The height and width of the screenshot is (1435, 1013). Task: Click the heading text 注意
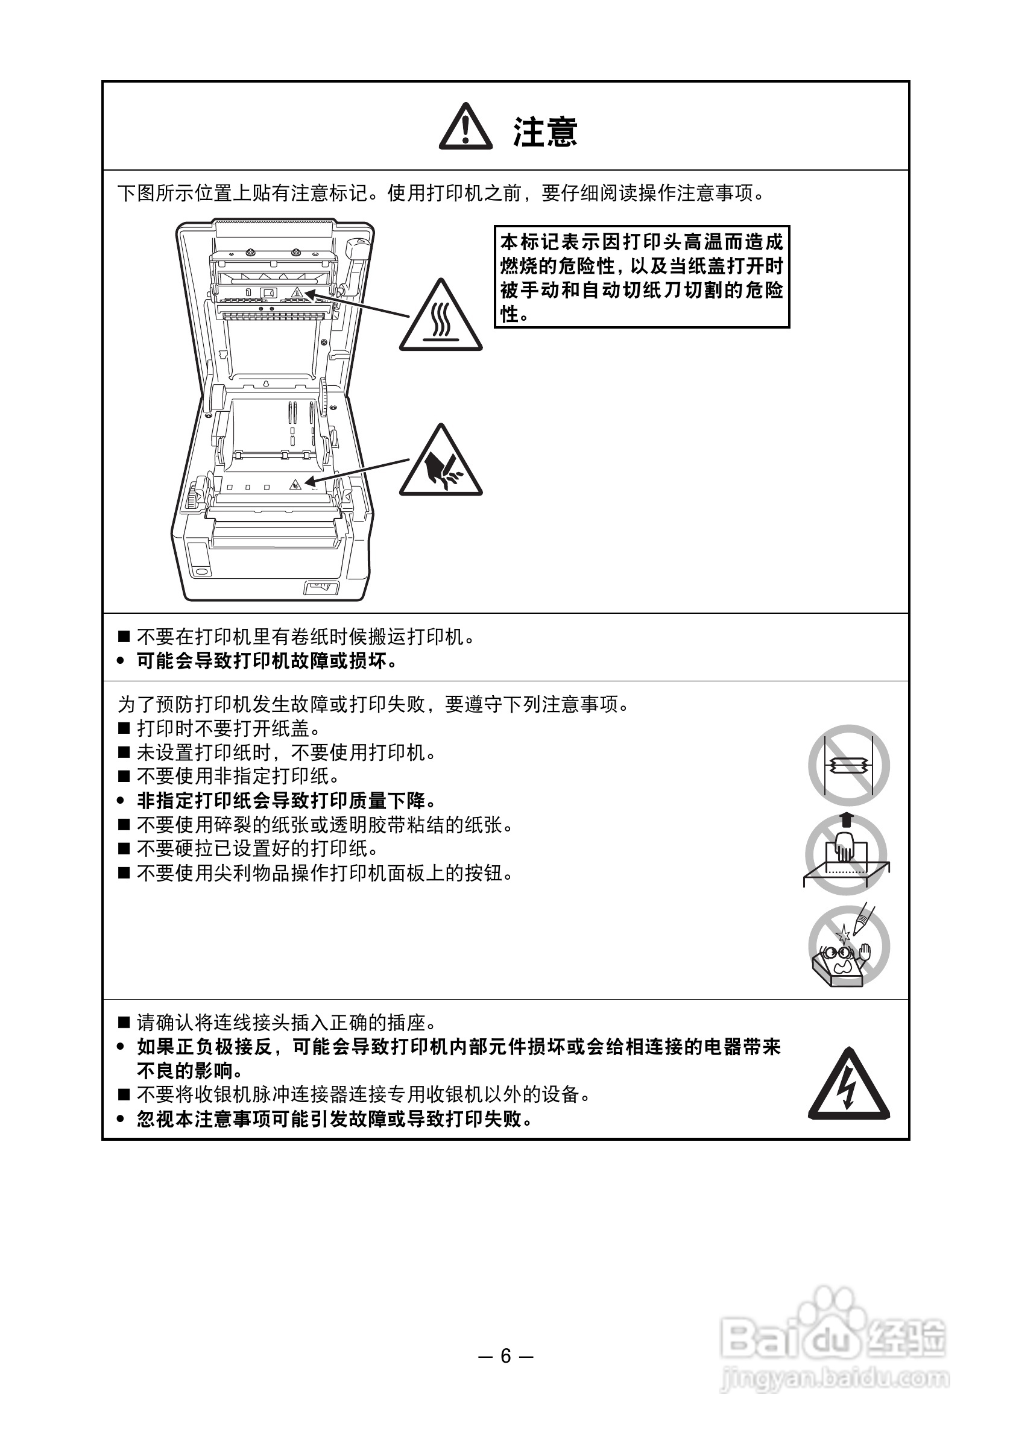(x=545, y=132)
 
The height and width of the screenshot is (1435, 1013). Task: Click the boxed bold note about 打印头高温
(x=642, y=277)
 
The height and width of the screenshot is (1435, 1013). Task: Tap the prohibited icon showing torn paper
(x=848, y=765)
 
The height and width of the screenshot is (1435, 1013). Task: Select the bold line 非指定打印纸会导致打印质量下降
(x=286, y=801)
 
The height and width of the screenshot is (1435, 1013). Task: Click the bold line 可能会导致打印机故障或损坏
(x=267, y=661)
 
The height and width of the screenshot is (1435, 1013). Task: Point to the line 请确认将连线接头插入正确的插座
(x=286, y=1023)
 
